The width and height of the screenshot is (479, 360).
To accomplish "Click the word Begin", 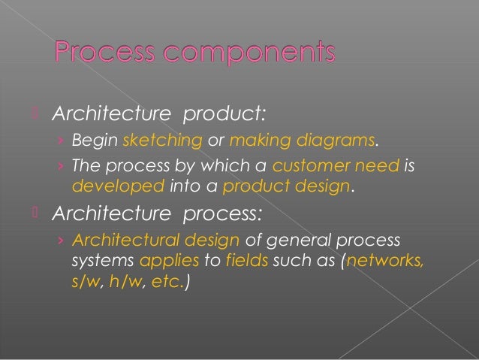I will click(x=95, y=140).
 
